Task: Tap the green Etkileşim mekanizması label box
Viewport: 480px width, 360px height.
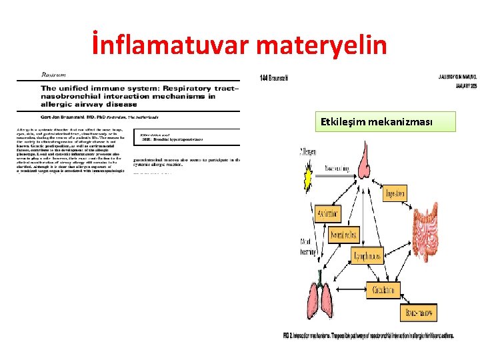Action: [387, 123]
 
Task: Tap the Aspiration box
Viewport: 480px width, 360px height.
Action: [329, 213]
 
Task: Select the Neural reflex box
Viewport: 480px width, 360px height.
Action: [345, 235]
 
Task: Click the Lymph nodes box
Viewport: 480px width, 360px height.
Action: [368, 256]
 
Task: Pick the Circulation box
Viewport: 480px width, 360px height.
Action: [384, 290]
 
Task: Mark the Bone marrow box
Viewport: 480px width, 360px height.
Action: [418, 312]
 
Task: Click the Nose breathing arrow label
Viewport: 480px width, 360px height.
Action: [337, 171]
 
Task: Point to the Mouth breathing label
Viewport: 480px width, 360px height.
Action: [308, 247]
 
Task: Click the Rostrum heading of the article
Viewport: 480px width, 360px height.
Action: [53, 75]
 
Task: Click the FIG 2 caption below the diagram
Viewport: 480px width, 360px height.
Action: [368, 335]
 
